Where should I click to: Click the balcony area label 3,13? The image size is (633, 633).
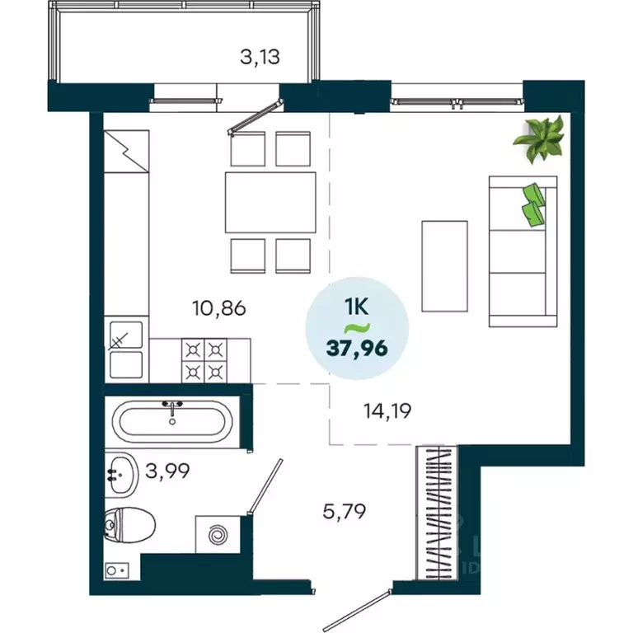[x=260, y=57]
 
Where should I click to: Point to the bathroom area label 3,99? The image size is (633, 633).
[x=168, y=471]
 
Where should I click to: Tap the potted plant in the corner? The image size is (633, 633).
[x=540, y=138]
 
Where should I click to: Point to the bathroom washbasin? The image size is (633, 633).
[x=120, y=475]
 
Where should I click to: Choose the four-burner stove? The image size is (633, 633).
[x=203, y=360]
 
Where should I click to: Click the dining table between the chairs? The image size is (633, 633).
[x=270, y=202]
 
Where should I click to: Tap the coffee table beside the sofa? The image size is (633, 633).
[x=444, y=265]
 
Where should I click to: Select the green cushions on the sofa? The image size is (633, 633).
[x=533, y=203]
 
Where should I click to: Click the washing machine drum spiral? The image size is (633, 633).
[x=218, y=537]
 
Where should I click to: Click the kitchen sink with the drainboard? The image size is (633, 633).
[x=127, y=349]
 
